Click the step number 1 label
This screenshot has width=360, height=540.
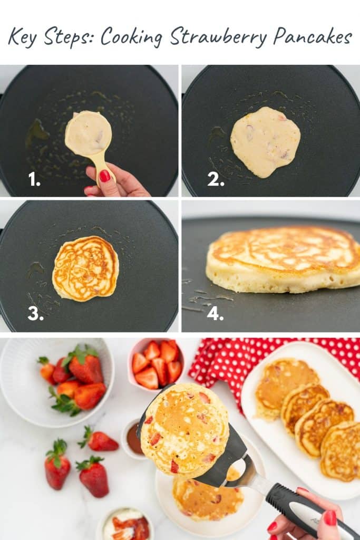point(34,180)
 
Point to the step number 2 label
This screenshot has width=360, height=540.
point(216,180)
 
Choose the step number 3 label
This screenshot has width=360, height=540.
point(35,314)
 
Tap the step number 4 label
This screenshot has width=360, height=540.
point(215,315)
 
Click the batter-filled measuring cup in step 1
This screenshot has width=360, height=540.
point(88,134)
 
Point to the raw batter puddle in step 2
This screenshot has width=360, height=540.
point(265,141)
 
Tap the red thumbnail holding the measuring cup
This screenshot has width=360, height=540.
point(105,176)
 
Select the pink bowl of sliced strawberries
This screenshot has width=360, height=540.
point(155,364)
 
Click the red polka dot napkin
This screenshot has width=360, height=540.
point(221,364)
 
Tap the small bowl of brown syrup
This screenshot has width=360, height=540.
point(133,439)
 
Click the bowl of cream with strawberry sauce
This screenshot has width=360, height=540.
point(125,524)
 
